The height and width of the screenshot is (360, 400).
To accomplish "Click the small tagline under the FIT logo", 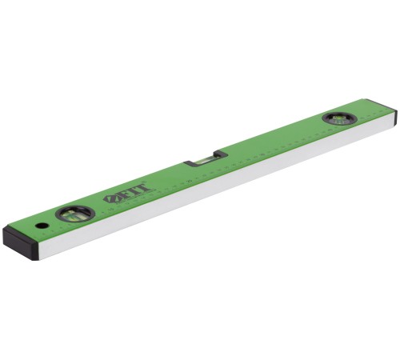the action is pyautogui.click(x=136, y=197).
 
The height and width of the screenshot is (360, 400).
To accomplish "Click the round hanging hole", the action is pyautogui.click(x=41, y=226).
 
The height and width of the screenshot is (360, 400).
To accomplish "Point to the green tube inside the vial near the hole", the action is pyautogui.click(x=74, y=214).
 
